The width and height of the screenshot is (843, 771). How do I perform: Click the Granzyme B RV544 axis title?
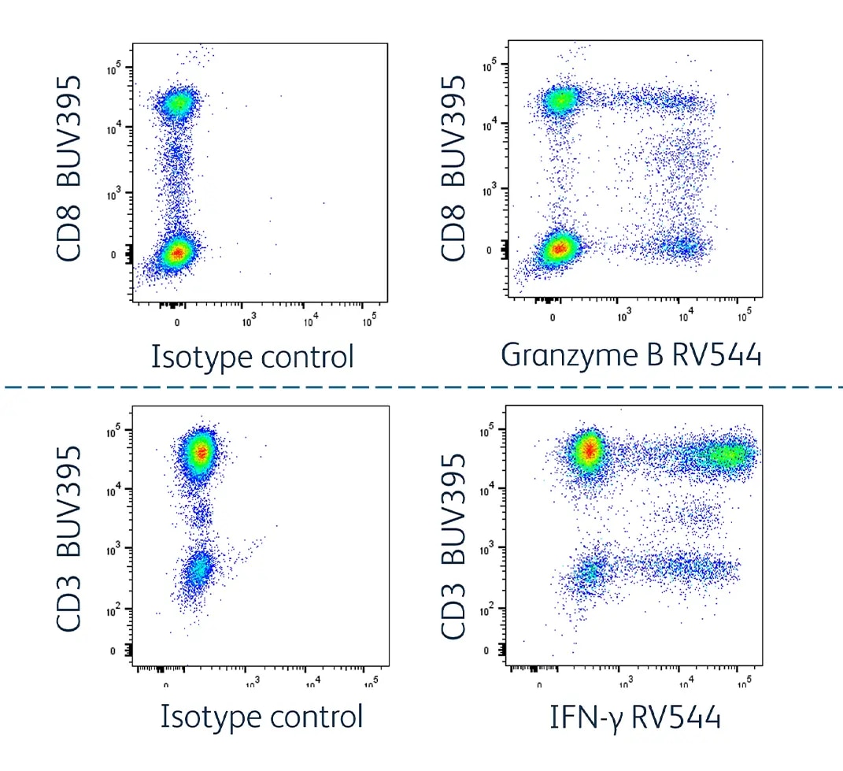[631, 356]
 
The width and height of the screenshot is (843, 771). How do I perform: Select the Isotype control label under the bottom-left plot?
[261, 717]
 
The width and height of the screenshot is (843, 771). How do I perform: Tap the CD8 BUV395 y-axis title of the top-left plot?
[69, 169]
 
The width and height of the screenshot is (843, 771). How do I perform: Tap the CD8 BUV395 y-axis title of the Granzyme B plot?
[453, 169]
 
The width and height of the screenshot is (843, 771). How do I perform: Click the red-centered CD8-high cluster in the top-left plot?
[178, 103]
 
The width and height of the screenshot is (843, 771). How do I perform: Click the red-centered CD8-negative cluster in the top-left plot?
[178, 253]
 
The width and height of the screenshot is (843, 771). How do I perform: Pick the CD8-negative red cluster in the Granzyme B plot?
[559, 249]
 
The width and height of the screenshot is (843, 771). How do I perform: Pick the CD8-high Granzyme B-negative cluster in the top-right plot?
[561, 100]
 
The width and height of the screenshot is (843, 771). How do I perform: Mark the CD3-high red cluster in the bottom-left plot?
[202, 452]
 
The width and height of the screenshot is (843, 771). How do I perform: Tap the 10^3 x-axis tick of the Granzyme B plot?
[624, 317]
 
